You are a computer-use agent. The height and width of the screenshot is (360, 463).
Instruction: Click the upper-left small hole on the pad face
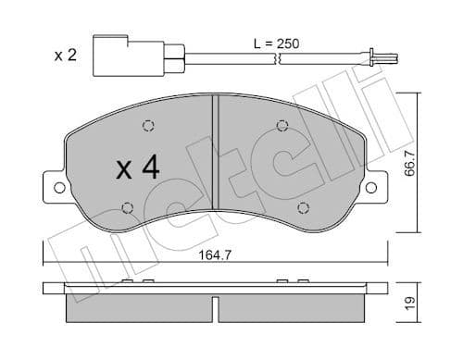[147, 128]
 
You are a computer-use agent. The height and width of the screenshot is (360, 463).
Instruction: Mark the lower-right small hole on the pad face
[302, 206]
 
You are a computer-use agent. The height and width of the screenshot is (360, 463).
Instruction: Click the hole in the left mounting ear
[59, 188]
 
